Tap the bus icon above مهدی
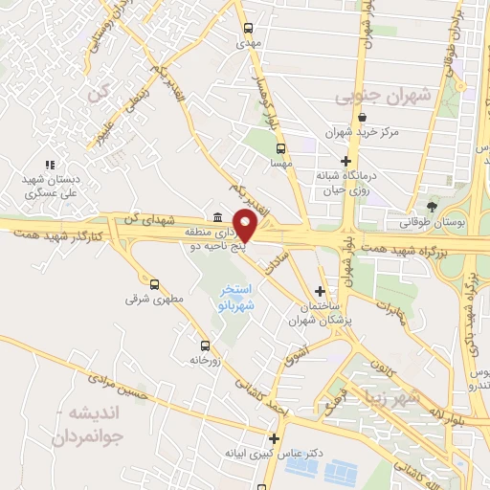249,28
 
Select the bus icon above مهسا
280,148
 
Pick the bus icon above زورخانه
204,345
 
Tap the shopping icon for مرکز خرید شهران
361,118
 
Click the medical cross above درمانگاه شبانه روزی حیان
345,161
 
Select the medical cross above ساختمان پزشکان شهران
320,291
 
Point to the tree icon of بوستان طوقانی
433,206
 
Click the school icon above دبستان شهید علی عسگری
49,166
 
